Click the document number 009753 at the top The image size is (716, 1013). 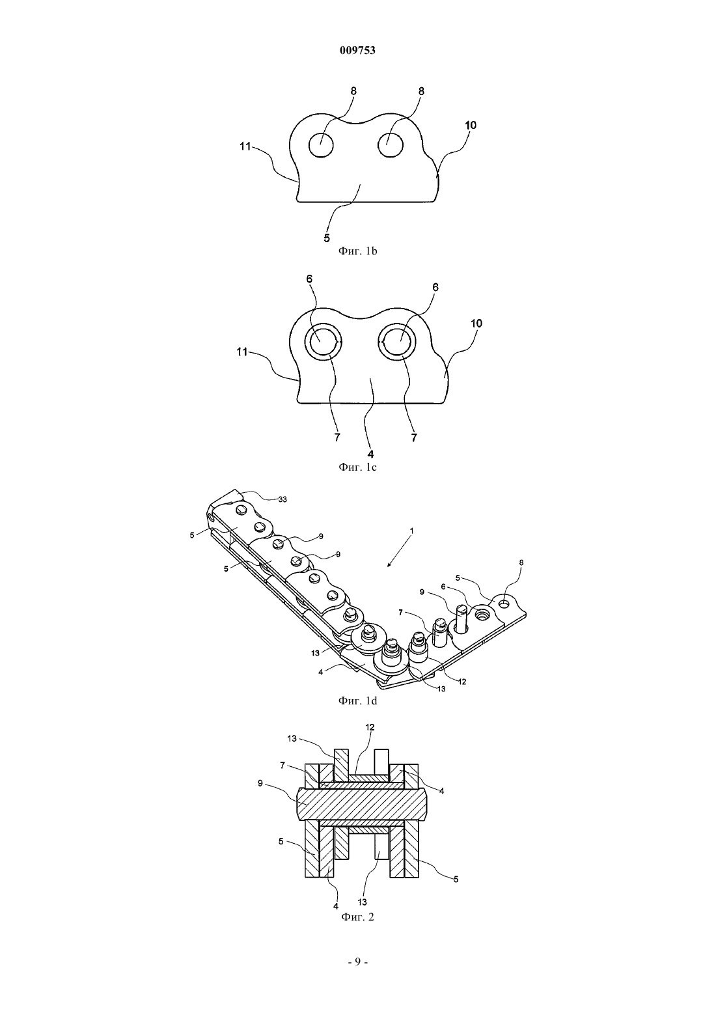coord(357,51)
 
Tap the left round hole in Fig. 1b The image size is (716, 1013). coord(321,145)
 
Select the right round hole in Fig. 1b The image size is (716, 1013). coord(391,145)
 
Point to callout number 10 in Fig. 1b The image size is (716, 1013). coord(471,125)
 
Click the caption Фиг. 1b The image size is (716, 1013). coord(357,251)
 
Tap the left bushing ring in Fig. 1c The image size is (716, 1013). coord(324,342)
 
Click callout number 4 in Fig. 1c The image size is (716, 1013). coord(370,454)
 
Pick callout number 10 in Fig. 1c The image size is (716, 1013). coord(476,324)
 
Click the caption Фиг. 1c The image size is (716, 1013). coord(357,467)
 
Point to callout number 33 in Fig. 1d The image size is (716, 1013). coord(282,499)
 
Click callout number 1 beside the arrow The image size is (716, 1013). coord(411,530)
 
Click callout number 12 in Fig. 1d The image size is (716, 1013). coord(462,682)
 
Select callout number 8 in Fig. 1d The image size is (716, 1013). coord(521,562)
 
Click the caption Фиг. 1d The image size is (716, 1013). coord(357,701)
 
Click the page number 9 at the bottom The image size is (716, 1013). coord(357,962)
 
